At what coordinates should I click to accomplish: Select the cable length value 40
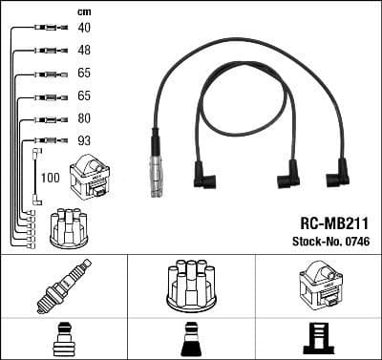point(84,28)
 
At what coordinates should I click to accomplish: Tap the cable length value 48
point(84,50)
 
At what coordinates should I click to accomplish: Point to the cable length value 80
point(84,119)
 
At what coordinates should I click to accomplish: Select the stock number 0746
point(355,241)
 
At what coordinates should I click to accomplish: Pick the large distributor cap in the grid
point(190,285)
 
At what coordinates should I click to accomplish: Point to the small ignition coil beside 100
point(95,178)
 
